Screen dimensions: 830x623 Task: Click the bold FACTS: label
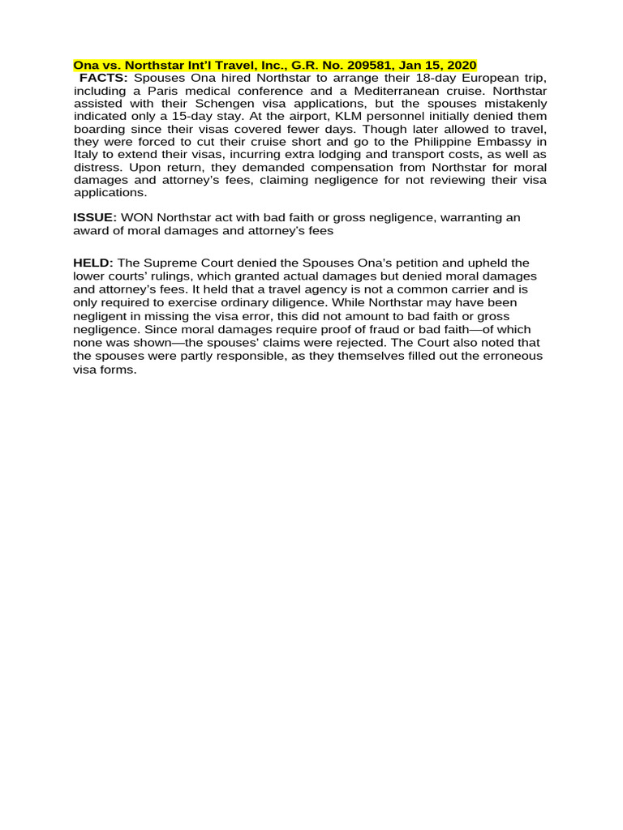pyautogui.click(x=103, y=78)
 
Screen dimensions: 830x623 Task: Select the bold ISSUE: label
pyautogui.click(x=95, y=218)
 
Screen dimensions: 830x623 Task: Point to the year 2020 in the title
pyautogui.click(x=460, y=65)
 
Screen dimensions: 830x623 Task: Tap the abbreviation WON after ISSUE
pyautogui.click(x=137, y=218)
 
